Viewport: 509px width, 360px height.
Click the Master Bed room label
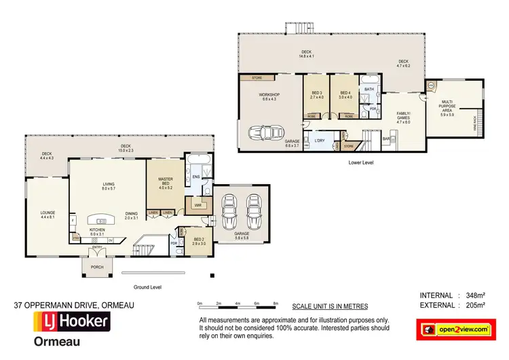click(x=166, y=181)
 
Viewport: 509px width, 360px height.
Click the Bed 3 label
click(x=316, y=94)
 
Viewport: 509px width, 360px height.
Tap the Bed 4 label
click(x=345, y=94)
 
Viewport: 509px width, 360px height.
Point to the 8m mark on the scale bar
click(x=276, y=303)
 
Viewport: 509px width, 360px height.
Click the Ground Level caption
click(x=147, y=287)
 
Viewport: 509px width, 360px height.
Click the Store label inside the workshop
click(x=257, y=77)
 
